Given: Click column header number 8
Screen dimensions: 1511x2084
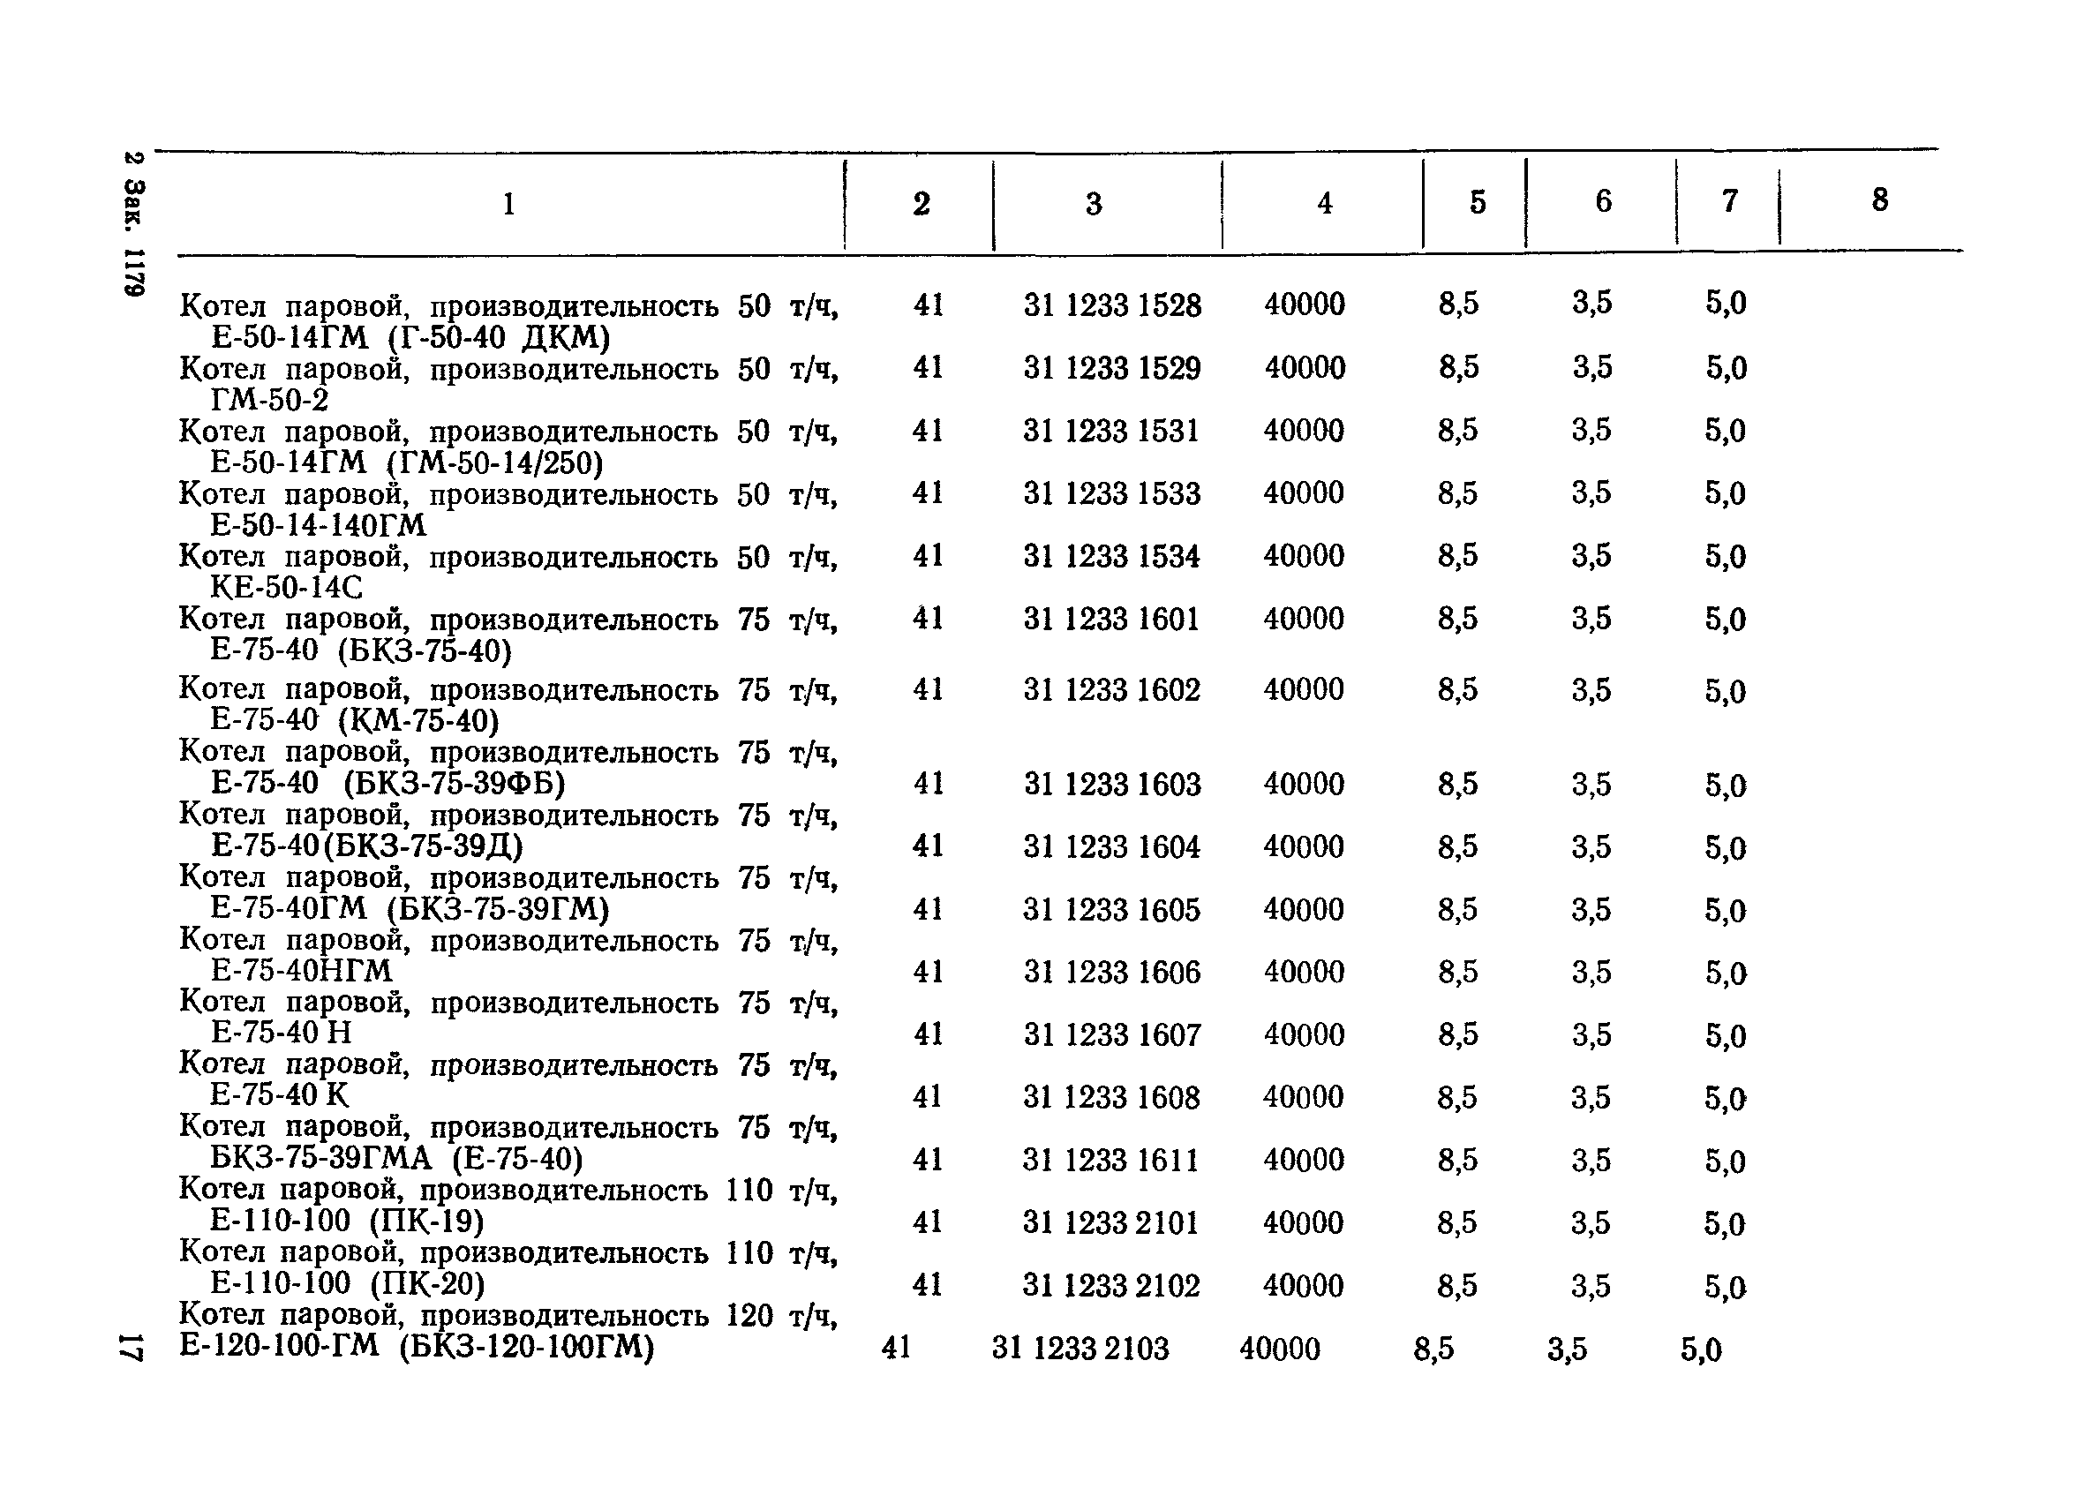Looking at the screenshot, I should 1879,200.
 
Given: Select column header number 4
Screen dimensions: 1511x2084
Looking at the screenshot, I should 1324,203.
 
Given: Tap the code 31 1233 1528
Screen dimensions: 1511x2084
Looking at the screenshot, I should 1112,305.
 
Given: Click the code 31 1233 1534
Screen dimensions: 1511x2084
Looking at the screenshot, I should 1111,557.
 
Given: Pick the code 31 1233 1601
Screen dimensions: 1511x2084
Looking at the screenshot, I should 1111,619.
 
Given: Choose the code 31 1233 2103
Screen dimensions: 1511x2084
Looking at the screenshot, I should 1080,1349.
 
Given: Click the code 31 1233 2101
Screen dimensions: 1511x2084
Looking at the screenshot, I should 1110,1222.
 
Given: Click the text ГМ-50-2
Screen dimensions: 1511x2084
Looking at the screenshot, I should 269,401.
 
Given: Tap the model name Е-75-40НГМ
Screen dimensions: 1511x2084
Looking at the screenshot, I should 301,971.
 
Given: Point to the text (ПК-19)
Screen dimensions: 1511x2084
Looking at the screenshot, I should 426,1222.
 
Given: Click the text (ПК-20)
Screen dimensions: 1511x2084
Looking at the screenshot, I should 427,1283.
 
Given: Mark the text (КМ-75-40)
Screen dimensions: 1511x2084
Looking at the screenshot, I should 418,721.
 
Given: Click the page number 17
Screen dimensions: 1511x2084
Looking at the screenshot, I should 131,1347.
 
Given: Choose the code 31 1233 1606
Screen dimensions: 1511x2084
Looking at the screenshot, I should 1111,972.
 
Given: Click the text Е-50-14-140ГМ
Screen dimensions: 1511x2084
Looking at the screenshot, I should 318,525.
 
